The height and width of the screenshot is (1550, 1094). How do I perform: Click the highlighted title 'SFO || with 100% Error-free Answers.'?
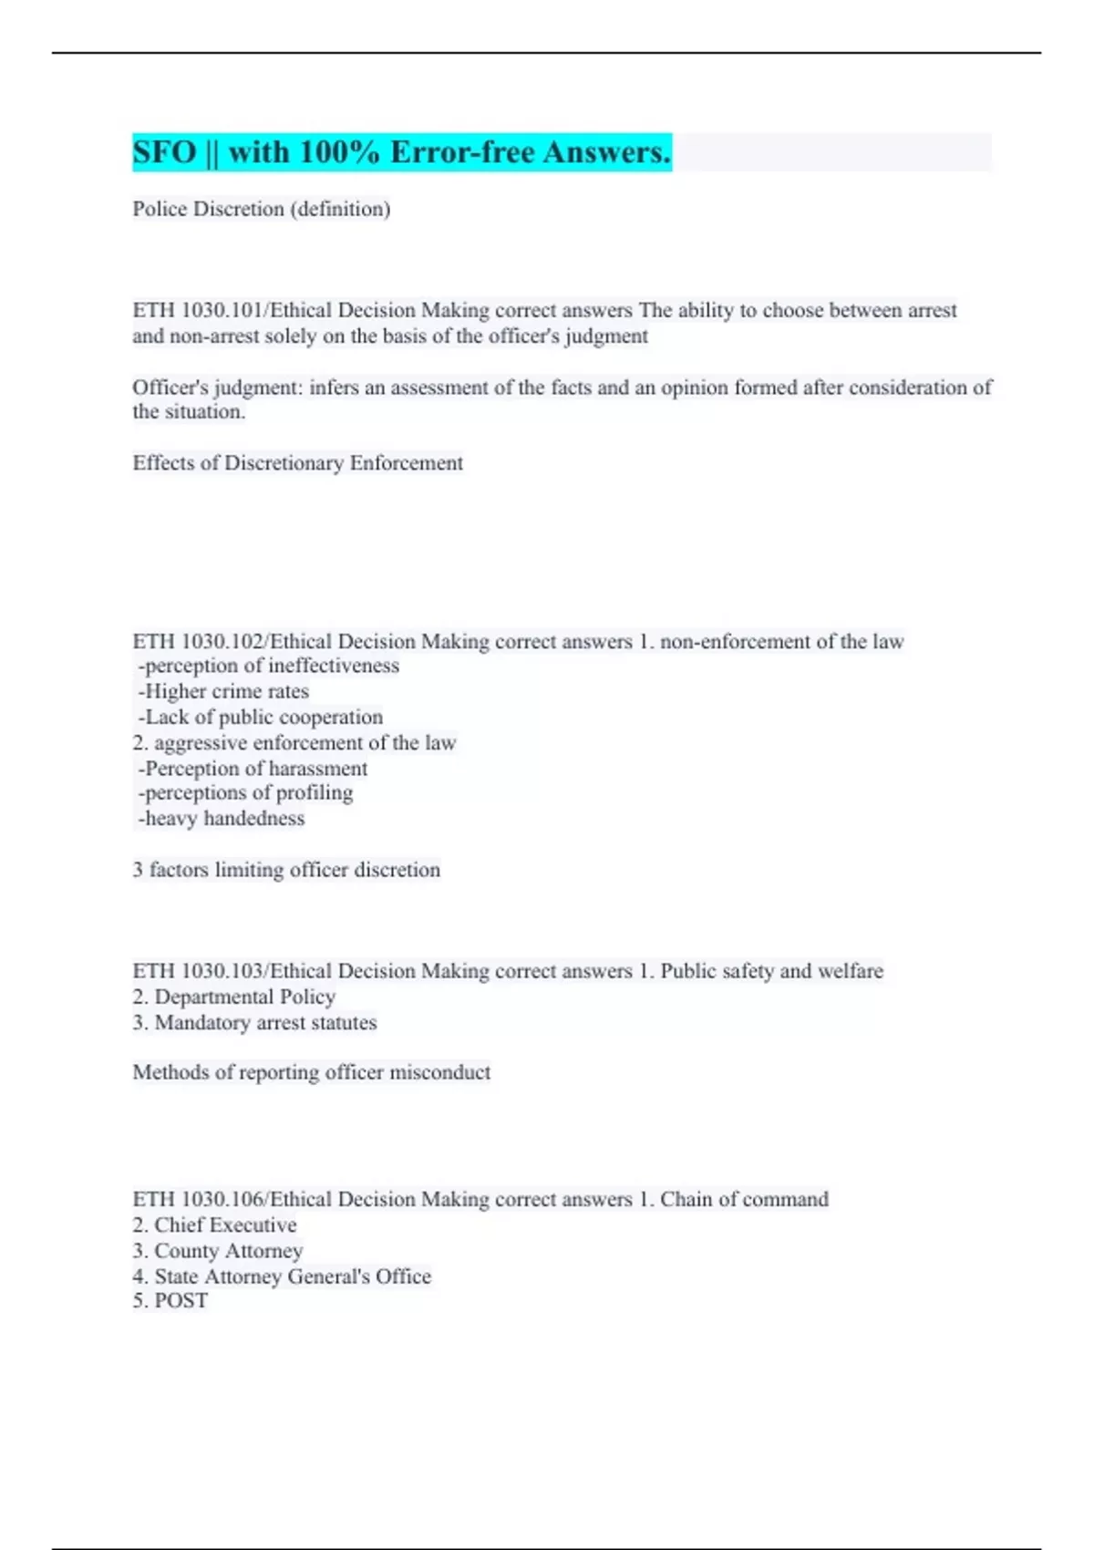(x=401, y=152)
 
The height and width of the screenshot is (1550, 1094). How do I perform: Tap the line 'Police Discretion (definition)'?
(x=261, y=209)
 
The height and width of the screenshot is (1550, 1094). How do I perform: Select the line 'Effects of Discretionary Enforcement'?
(x=297, y=463)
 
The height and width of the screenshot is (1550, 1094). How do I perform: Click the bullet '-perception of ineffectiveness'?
(x=268, y=666)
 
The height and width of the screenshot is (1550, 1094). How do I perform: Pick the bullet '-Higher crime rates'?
(x=223, y=692)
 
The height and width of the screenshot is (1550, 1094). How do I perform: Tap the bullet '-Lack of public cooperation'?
(x=260, y=718)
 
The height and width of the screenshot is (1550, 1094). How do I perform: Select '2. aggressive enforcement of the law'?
(x=294, y=743)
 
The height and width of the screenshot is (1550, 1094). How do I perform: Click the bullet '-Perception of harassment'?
(x=253, y=769)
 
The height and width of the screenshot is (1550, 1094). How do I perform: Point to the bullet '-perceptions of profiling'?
(x=245, y=793)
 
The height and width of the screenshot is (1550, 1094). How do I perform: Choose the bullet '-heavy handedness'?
(x=221, y=819)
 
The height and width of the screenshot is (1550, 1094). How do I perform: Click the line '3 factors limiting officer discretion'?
(x=286, y=870)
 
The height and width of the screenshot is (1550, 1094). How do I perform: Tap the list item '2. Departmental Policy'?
(x=233, y=997)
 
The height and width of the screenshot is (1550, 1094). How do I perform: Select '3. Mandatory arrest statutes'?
(x=254, y=1023)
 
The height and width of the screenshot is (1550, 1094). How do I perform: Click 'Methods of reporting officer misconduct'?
(x=311, y=1072)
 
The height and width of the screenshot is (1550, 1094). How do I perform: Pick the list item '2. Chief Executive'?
(x=214, y=1225)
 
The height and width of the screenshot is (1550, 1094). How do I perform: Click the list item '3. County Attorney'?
(x=217, y=1251)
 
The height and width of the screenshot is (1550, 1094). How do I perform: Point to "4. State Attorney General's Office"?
(x=281, y=1276)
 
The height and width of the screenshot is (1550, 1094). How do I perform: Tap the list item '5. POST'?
(x=170, y=1301)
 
